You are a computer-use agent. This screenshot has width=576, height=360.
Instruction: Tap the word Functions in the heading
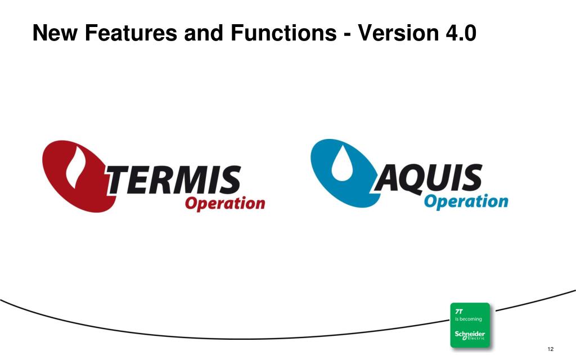point(283,34)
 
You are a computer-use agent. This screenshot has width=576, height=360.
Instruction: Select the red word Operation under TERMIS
point(225,203)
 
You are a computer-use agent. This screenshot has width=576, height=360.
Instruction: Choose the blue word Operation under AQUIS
point(466,201)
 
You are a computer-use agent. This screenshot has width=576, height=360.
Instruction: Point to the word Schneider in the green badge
point(470,334)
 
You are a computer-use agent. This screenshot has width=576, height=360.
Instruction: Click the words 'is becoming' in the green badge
point(468,319)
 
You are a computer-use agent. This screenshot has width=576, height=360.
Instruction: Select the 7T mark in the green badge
point(459,311)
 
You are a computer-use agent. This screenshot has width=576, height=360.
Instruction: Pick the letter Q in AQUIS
point(413,179)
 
